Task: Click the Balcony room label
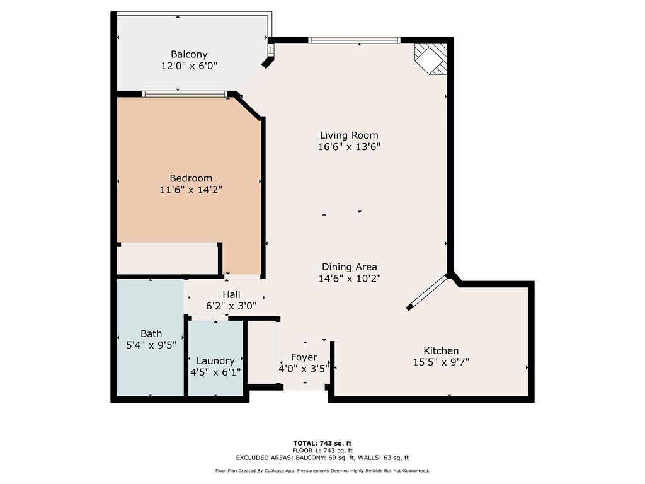[189, 54]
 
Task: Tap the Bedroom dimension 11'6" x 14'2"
[191, 189]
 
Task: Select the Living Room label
[349, 135]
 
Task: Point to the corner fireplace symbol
[431, 59]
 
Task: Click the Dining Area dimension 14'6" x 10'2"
[350, 278]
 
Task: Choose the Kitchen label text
[440, 350]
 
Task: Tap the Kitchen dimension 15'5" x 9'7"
[440, 362]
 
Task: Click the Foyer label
[304, 357]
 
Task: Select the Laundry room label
[215, 360]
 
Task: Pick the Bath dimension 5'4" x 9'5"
[151, 345]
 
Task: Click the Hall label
[231, 294]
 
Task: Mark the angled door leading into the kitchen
[428, 292]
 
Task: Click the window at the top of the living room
[354, 40]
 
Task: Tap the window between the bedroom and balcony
[185, 94]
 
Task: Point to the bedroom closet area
[168, 258]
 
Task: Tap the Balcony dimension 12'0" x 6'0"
[189, 66]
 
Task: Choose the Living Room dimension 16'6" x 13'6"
[349, 146]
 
